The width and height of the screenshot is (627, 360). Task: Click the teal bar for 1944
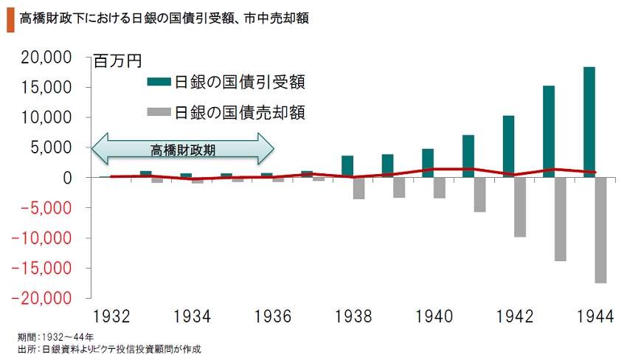click(x=589, y=122)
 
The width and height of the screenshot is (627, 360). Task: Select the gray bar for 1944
click(x=600, y=230)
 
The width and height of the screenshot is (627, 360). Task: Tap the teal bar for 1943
click(x=549, y=131)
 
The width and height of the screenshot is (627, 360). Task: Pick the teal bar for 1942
click(x=508, y=146)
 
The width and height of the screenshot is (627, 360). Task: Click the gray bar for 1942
click(x=520, y=207)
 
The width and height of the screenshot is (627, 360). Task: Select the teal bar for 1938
click(x=347, y=166)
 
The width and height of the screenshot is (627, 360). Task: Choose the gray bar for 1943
click(x=561, y=219)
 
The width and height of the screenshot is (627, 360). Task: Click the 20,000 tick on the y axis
click(x=47, y=58)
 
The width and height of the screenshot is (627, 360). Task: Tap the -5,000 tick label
click(x=47, y=208)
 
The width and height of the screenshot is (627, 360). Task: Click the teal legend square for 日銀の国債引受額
click(x=158, y=81)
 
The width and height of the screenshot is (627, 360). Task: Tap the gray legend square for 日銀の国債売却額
click(x=158, y=113)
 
